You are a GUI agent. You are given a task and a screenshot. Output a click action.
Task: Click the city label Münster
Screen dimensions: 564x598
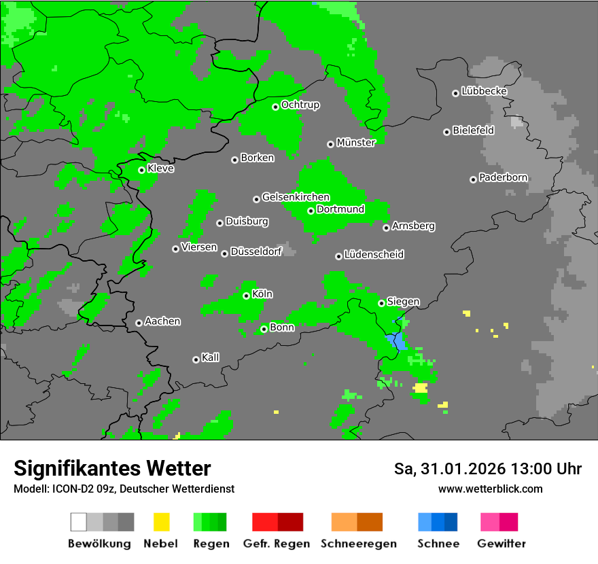[x=355, y=143]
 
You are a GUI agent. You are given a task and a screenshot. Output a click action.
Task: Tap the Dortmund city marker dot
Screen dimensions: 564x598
[x=311, y=211]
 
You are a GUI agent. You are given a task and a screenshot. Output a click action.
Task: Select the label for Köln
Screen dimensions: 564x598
[x=262, y=294]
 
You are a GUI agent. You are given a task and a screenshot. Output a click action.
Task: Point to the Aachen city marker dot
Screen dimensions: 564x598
[x=139, y=323]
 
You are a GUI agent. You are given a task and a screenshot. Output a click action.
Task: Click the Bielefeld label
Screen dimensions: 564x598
[x=473, y=130]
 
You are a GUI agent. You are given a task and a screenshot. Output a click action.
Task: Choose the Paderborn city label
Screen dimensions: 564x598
[x=503, y=177]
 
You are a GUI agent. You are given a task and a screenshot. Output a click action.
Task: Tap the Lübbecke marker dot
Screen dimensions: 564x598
[x=455, y=93]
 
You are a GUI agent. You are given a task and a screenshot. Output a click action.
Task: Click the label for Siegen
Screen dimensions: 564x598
[x=403, y=302]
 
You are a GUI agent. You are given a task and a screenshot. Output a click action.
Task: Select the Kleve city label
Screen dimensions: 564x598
[x=160, y=169]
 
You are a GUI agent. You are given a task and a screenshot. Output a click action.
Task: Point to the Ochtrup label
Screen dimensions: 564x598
[x=300, y=105]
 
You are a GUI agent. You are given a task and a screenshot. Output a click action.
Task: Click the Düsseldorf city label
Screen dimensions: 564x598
[x=256, y=252]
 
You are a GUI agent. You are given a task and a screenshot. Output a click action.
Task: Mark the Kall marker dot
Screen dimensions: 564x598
[x=196, y=359]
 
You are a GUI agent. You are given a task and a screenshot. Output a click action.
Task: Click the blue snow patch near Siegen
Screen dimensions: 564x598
[x=396, y=340]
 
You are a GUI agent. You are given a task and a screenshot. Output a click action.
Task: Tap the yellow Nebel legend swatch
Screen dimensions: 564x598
[x=161, y=522]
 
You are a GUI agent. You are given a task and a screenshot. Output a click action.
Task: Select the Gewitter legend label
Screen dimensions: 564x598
[x=501, y=544]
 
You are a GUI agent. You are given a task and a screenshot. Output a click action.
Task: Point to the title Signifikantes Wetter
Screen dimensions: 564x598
[x=112, y=468]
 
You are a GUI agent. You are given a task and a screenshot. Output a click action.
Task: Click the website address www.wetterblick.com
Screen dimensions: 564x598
[x=490, y=489]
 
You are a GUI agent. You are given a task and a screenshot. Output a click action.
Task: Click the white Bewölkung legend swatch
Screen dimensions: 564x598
[x=79, y=522]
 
